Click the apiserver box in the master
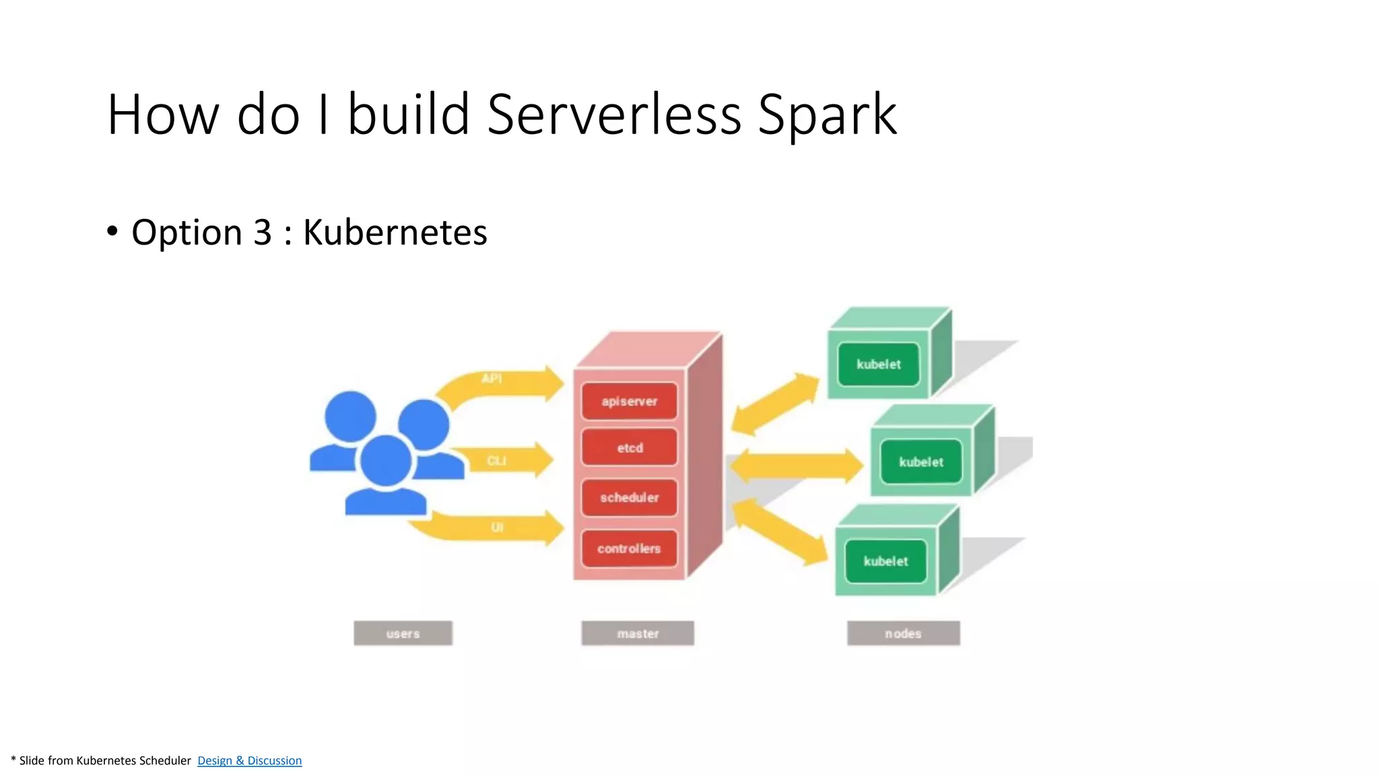(x=629, y=401)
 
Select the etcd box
(x=629, y=448)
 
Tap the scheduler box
(x=629, y=498)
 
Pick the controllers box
(x=629, y=548)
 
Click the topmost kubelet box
(x=878, y=364)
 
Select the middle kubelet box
(x=920, y=462)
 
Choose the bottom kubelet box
(x=885, y=561)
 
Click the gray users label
(x=403, y=633)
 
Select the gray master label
(x=638, y=633)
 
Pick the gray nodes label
(x=903, y=633)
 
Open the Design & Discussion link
(x=249, y=761)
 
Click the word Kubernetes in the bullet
(x=395, y=232)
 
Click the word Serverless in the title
(x=613, y=115)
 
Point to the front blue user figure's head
(x=386, y=461)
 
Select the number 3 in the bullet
(x=263, y=232)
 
